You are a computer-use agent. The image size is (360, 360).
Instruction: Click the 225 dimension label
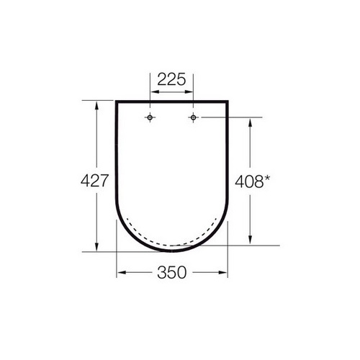(x=171, y=79)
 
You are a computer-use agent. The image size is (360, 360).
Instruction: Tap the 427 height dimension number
(x=95, y=181)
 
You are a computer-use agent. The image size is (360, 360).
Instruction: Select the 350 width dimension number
(x=172, y=272)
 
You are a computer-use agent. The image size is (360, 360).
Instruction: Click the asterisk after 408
(x=267, y=179)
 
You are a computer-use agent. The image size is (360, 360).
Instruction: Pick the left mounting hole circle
(x=150, y=117)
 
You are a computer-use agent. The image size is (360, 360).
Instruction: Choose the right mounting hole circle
(x=193, y=117)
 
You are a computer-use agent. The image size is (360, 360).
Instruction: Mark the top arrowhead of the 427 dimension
(x=96, y=106)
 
